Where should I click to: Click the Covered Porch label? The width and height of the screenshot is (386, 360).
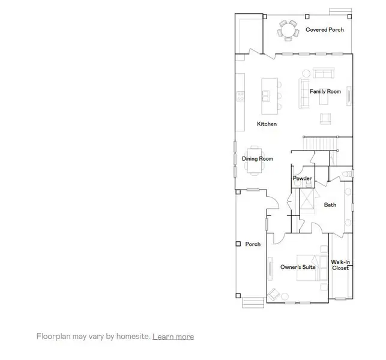(x=325, y=29)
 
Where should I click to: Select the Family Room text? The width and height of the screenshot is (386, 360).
(x=325, y=92)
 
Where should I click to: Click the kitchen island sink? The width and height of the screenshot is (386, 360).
(x=265, y=95)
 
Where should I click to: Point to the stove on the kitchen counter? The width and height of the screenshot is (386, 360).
(x=241, y=96)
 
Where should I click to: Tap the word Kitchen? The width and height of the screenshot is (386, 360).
(x=267, y=124)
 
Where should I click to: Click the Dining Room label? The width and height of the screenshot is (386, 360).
(x=257, y=159)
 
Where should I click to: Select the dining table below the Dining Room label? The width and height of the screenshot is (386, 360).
(x=254, y=160)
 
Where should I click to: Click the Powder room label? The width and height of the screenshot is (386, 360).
(x=302, y=179)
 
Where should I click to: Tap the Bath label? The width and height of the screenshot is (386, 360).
(x=330, y=205)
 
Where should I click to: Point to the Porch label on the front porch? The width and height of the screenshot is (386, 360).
(x=253, y=244)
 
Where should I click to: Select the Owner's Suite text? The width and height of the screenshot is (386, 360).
(x=298, y=267)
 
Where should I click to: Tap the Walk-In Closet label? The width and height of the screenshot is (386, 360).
(x=340, y=265)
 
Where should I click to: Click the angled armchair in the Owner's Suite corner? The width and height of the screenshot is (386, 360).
(x=274, y=294)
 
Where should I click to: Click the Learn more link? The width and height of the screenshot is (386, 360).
(x=173, y=337)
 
